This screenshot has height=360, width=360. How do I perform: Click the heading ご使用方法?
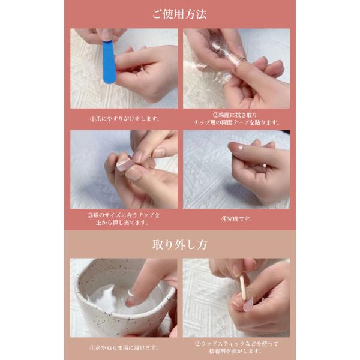(179, 14)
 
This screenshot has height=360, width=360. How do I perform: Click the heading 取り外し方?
(180, 245)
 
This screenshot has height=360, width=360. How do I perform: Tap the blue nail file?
(109, 62)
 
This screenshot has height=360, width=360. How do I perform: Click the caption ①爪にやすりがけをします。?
(124, 119)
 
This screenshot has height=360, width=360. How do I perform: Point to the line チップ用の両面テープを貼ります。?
(236, 122)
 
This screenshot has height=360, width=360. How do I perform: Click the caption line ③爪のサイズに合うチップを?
(124, 215)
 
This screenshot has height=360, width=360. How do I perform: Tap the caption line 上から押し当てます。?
(122, 223)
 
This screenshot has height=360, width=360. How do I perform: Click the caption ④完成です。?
(236, 219)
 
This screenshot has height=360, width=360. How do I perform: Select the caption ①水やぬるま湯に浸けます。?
(124, 347)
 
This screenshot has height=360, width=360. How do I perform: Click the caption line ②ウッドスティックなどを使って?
(236, 344)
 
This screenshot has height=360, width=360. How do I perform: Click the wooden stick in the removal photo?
(243, 287)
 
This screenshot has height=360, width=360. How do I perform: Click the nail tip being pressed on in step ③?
(125, 164)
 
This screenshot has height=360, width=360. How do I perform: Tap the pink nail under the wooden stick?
(248, 304)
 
